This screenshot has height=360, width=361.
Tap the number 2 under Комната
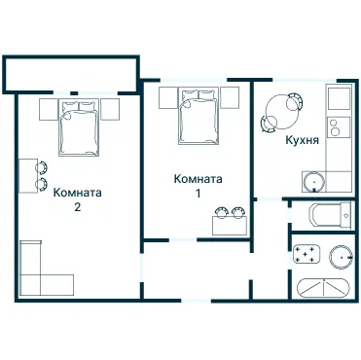[x=77, y=207]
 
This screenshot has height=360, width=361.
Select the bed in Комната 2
[x=79, y=126]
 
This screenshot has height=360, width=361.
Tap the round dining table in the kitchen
[x=286, y=107]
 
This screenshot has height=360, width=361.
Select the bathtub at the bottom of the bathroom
[x=323, y=288]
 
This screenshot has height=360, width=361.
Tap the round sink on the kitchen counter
[x=313, y=180]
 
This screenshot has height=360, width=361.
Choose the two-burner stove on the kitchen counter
[x=337, y=126]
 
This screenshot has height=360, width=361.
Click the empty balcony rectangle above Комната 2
[x=71, y=72]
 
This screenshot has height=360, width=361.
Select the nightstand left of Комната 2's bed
[x=48, y=109]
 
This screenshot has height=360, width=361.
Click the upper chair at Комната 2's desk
[x=42, y=166]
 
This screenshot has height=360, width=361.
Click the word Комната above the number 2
[x=78, y=192]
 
